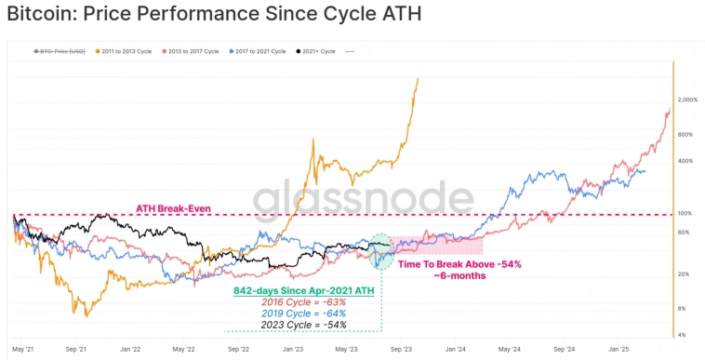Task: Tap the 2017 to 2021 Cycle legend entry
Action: pos(253,52)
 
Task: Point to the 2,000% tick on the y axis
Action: pos(687,100)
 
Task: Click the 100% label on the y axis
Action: pos(684,214)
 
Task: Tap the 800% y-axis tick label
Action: pos(685,135)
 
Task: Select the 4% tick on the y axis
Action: pos(682,334)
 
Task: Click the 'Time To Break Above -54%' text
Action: pos(459,265)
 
